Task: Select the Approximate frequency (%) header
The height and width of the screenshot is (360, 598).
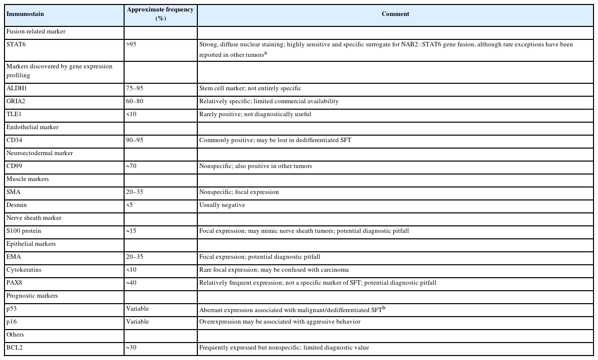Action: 160,14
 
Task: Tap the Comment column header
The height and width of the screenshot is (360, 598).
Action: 395,14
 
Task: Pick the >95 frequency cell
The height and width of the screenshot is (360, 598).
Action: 132,44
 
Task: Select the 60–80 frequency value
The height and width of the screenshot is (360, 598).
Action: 135,101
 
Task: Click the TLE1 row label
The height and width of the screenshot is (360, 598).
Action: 13,114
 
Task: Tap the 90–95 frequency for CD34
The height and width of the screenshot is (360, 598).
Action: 135,140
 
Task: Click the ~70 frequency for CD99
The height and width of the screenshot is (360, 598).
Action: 132,166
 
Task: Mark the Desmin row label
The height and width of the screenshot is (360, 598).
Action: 16,205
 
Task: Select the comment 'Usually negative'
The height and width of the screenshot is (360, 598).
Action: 222,205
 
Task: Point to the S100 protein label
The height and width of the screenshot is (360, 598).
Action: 24,231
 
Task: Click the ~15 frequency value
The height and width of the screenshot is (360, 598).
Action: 132,231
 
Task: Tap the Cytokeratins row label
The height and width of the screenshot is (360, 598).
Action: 23,270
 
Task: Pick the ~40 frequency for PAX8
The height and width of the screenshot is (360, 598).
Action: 132,283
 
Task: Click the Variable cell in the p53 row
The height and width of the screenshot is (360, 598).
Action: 138,309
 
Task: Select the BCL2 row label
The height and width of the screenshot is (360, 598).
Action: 14,348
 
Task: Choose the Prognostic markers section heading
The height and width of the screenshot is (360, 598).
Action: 32,296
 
